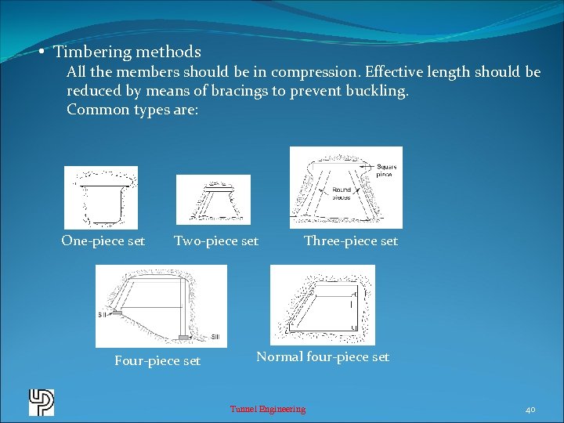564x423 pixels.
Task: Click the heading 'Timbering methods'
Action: point(127,52)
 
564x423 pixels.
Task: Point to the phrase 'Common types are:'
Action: point(132,110)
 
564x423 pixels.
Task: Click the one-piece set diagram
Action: point(100,197)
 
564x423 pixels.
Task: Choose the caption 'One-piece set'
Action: point(103,241)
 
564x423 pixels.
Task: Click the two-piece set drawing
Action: point(213,200)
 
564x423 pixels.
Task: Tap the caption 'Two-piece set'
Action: point(216,241)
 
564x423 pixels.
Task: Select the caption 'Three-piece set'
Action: point(351,241)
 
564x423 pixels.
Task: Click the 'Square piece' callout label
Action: point(386,170)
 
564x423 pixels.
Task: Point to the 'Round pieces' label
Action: point(342,193)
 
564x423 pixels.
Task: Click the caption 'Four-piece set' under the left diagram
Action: point(157,361)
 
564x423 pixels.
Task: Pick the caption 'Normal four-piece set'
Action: point(323,357)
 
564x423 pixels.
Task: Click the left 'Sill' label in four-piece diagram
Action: point(103,315)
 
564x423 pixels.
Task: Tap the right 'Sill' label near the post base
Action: point(216,337)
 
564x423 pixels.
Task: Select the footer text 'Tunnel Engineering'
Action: point(267,409)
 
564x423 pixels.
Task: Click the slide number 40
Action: point(530,409)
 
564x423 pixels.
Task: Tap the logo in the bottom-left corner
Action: point(42,402)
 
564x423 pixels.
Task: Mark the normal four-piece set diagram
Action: point(322,305)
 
